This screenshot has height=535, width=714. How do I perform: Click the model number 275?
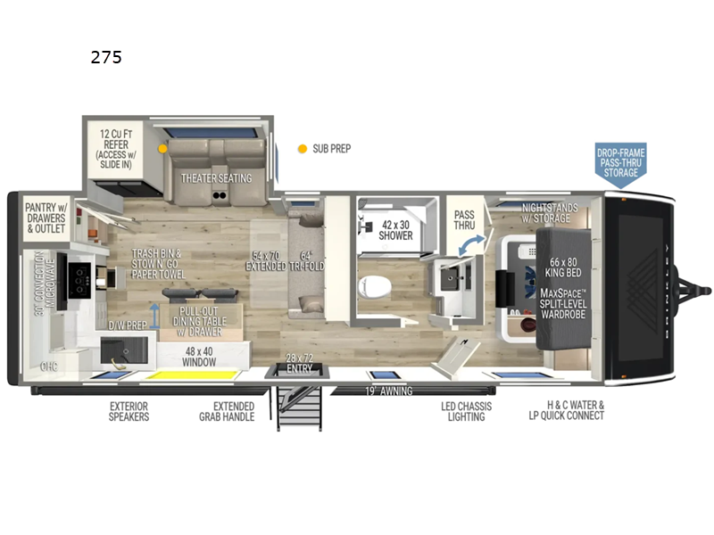(x=105, y=58)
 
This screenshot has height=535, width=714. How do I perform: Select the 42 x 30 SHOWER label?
(x=396, y=230)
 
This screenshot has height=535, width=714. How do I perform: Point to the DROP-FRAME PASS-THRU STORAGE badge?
(x=621, y=161)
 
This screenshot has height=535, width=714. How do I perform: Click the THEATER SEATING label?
(x=217, y=177)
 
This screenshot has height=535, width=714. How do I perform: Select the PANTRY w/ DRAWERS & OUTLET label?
(x=45, y=217)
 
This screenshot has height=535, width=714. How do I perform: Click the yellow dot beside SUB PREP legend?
(x=303, y=148)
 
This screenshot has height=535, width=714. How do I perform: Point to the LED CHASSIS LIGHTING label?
(x=463, y=411)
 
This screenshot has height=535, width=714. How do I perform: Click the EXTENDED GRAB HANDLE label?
(x=227, y=411)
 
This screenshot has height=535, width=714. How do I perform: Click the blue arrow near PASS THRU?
(x=477, y=241)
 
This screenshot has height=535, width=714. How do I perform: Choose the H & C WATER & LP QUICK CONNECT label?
(x=567, y=410)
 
